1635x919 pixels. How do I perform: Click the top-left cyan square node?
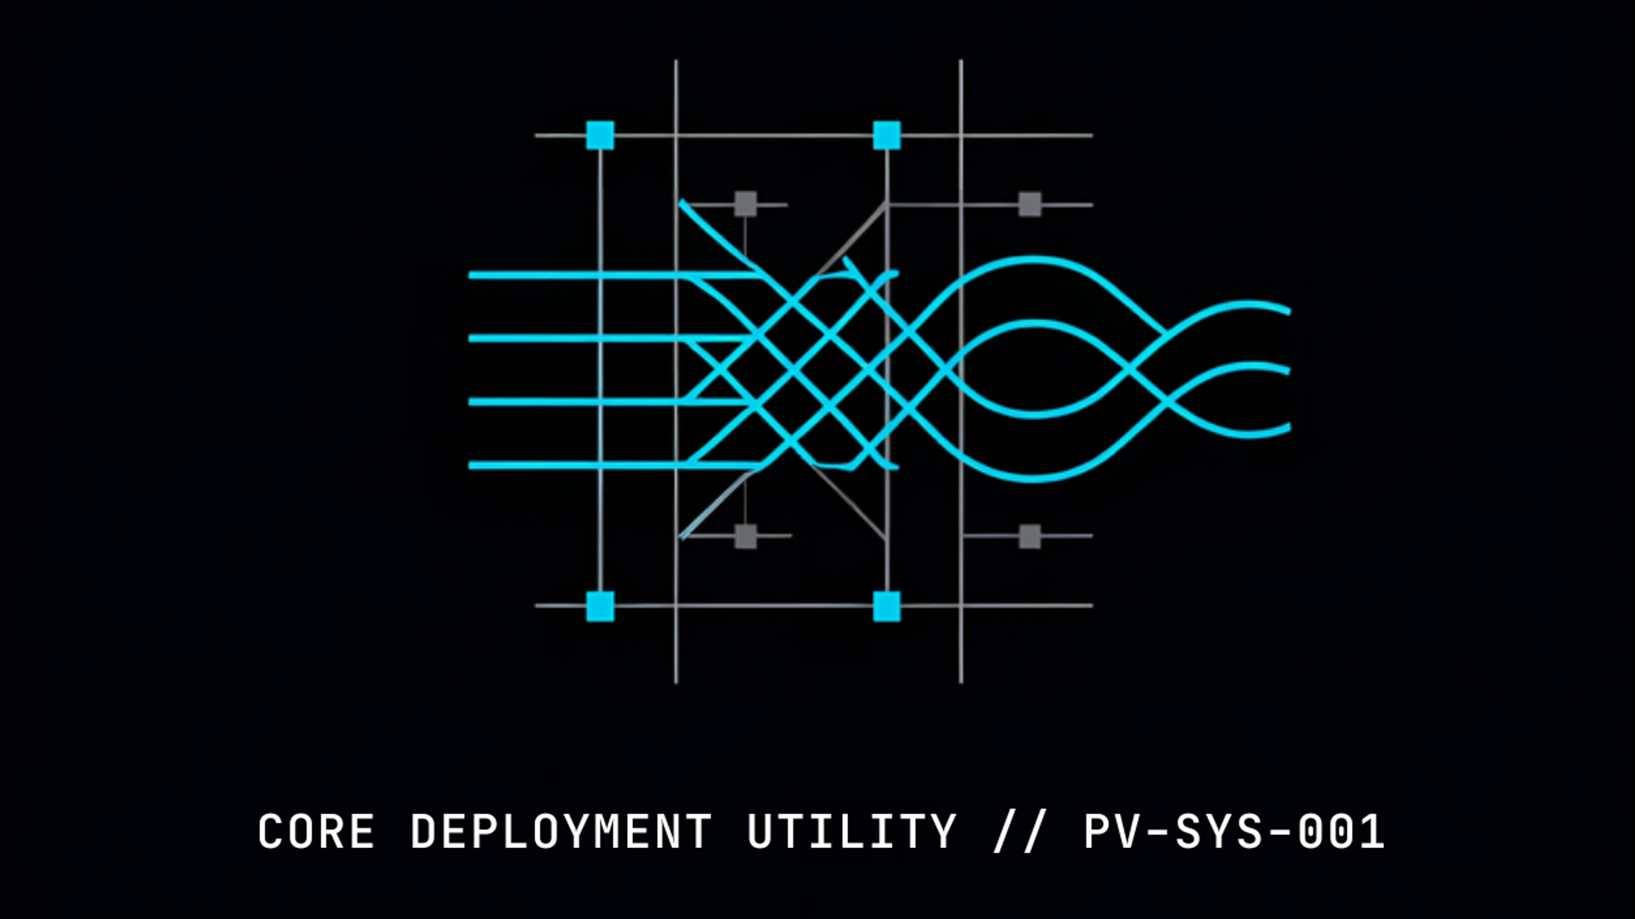click(600, 135)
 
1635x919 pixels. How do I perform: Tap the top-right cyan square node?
click(886, 135)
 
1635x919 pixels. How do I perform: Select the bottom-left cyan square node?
click(600, 606)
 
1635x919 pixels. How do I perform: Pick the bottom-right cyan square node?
click(886, 606)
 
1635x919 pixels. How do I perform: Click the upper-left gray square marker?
click(745, 204)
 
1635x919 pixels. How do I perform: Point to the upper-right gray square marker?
click(1030, 204)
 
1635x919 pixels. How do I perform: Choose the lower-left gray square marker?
click(745, 536)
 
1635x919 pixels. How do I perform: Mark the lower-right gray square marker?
click(1030, 536)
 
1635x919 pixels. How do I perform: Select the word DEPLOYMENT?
click(561, 832)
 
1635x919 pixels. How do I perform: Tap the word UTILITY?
click(851, 832)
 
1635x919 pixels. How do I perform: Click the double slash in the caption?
click(1019, 832)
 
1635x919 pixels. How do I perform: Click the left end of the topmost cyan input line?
click(471, 275)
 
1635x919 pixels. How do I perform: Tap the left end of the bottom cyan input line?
click(471, 466)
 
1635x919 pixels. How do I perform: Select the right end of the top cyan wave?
click(1288, 311)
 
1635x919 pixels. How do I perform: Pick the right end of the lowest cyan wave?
click(1288, 427)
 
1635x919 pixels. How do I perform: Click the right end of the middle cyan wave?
click(1288, 370)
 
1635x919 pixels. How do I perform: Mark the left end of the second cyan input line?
click(471, 338)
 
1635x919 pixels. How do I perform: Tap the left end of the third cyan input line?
click(471, 402)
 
